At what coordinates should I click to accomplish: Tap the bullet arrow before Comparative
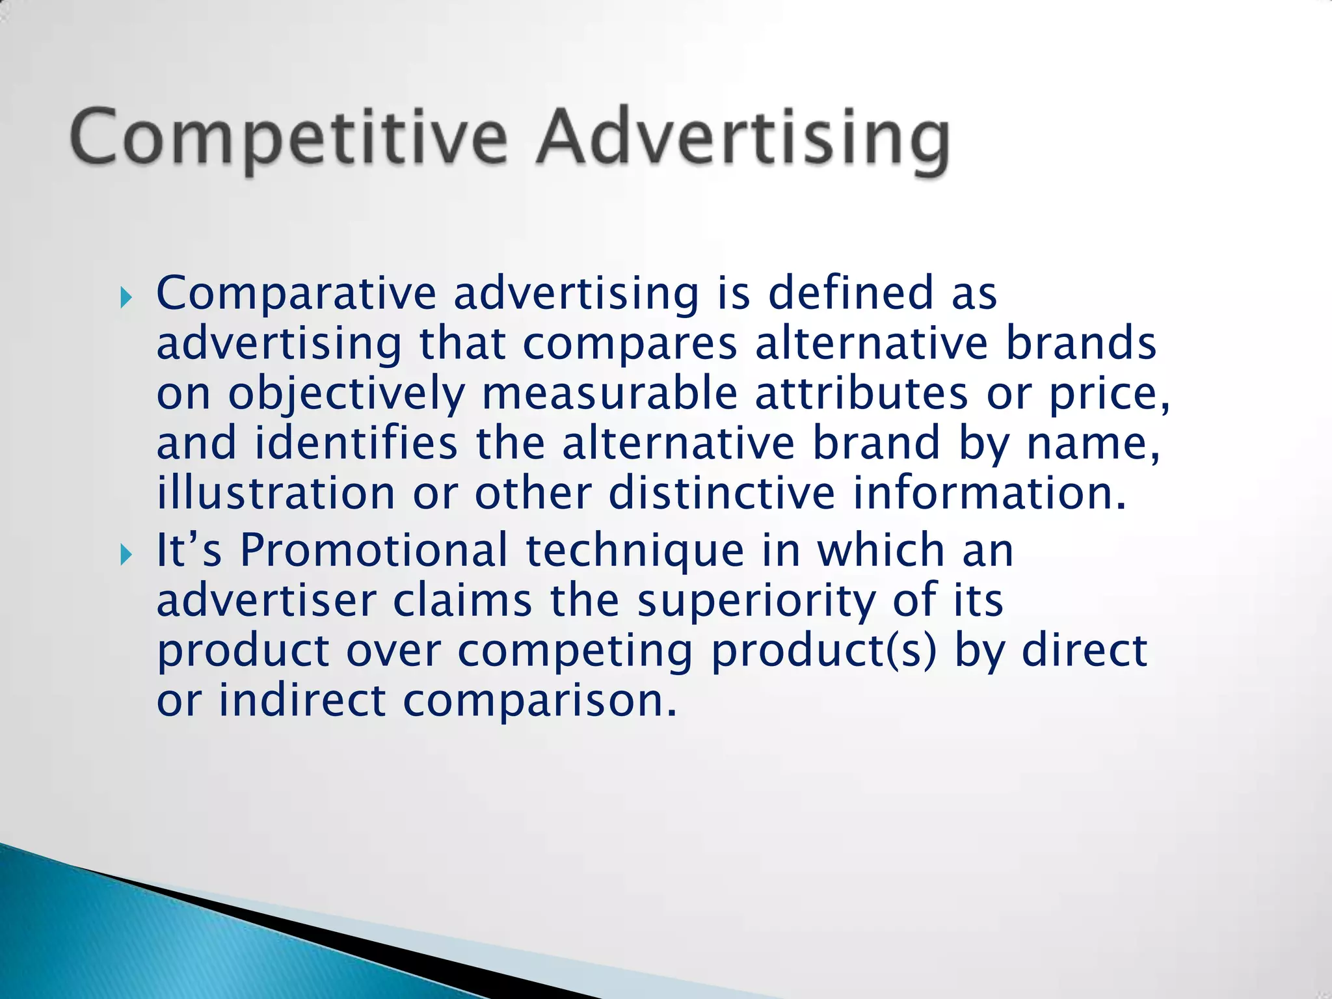[126, 299]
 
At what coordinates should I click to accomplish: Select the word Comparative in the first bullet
[296, 294]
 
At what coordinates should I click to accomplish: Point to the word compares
[630, 344]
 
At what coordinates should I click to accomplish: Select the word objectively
[346, 394]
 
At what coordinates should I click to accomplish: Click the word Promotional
[373, 550]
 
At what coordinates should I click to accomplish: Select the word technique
[635, 552]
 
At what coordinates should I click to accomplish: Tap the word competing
[575, 652]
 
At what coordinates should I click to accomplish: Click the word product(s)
[823, 652]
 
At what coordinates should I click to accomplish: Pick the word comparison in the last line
[539, 702]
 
